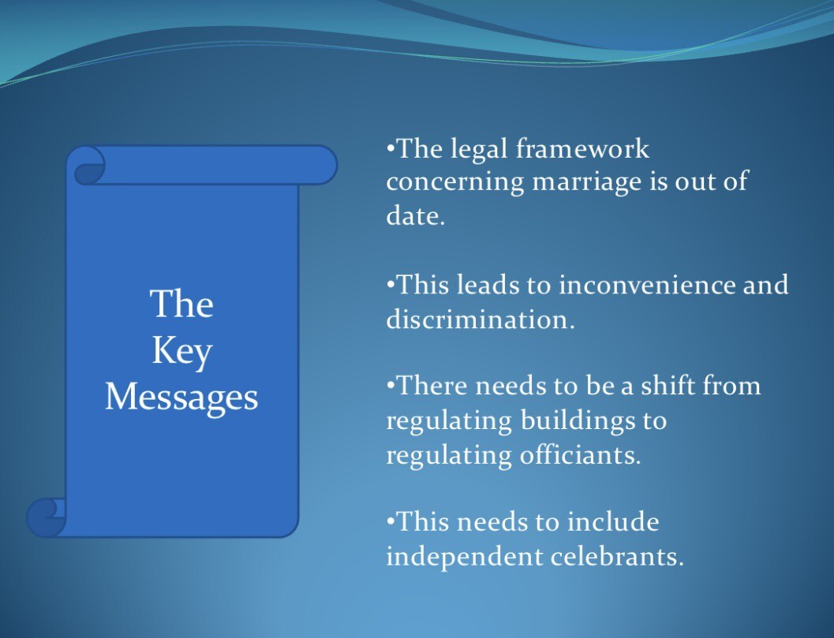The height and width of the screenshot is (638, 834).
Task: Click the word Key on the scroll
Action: (182, 352)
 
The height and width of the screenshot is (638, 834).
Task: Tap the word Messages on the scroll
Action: (181, 397)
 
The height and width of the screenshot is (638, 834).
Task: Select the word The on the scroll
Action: (182, 304)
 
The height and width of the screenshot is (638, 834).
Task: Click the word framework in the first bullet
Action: (582, 148)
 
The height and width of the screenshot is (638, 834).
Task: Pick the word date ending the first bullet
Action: (415, 215)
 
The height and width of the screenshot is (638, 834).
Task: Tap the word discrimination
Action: (481, 319)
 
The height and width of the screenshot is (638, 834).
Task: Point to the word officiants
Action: (580, 455)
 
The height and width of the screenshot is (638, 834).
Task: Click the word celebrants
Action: (617, 557)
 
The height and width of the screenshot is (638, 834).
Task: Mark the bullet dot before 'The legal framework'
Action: (391, 146)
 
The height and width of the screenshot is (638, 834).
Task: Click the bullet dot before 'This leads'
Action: (391, 282)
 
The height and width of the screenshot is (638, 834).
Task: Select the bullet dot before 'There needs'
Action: (391, 382)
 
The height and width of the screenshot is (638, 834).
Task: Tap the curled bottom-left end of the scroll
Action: (47, 517)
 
